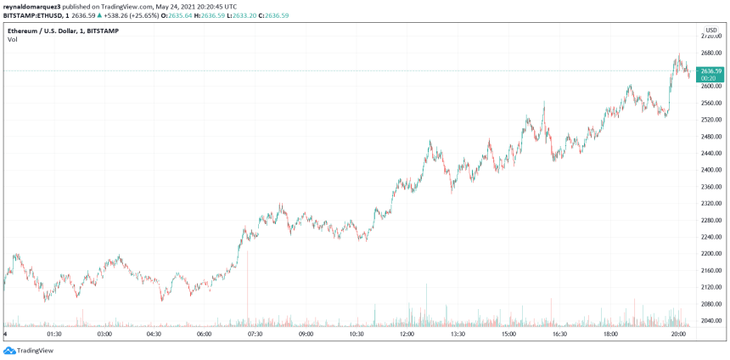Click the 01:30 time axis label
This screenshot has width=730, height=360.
55,335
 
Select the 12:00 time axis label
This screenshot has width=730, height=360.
407,335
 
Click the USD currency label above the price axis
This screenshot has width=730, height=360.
711,30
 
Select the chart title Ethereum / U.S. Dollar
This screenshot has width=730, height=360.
47,30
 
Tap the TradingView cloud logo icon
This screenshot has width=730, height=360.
9,350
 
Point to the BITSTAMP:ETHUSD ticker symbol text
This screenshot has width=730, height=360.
31,14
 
